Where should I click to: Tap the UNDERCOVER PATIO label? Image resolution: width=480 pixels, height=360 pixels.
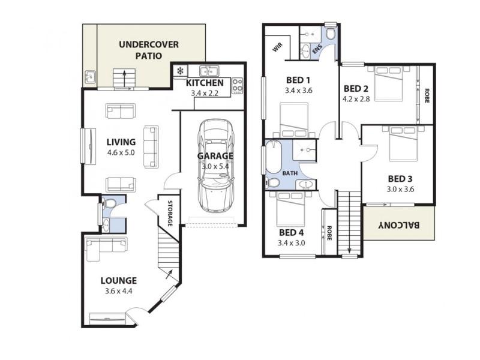pyautogui.click(x=148, y=50)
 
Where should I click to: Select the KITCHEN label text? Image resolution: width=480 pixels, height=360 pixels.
pyautogui.click(x=205, y=83)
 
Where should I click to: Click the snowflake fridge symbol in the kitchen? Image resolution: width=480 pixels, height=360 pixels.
pyautogui.click(x=179, y=71)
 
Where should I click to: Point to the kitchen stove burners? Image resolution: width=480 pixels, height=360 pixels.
pyautogui.click(x=238, y=85)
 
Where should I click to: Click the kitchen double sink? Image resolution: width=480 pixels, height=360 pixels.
pyautogui.click(x=209, y=70)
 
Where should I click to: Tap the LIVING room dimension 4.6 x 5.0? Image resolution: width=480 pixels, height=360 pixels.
pyautogui.click(x=121, y=153)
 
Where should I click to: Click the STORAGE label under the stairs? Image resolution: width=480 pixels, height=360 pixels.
pyautogui.click(x=170, y=213)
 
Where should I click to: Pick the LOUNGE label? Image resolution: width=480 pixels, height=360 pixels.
pyautogui.click(x=118, y=280)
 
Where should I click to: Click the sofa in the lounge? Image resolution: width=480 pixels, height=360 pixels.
pyautogui.click(x=105, y=248)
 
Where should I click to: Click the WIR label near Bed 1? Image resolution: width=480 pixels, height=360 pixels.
pyautogui.click(x=278, y=47)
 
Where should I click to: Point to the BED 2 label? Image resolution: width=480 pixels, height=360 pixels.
pyautogui.click(x=355, y=89)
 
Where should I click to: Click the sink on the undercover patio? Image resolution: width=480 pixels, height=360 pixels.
pyautogui.click(x=90, y=76)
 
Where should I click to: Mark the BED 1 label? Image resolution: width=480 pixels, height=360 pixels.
pyautogui.click(x=298, y=80)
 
